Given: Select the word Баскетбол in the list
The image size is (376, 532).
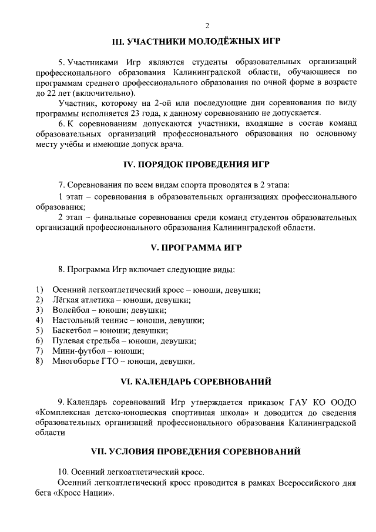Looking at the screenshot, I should point(71,330).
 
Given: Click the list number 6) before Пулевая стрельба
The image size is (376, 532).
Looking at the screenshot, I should point(39,340).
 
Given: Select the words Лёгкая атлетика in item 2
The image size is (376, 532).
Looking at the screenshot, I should point(80,300).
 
